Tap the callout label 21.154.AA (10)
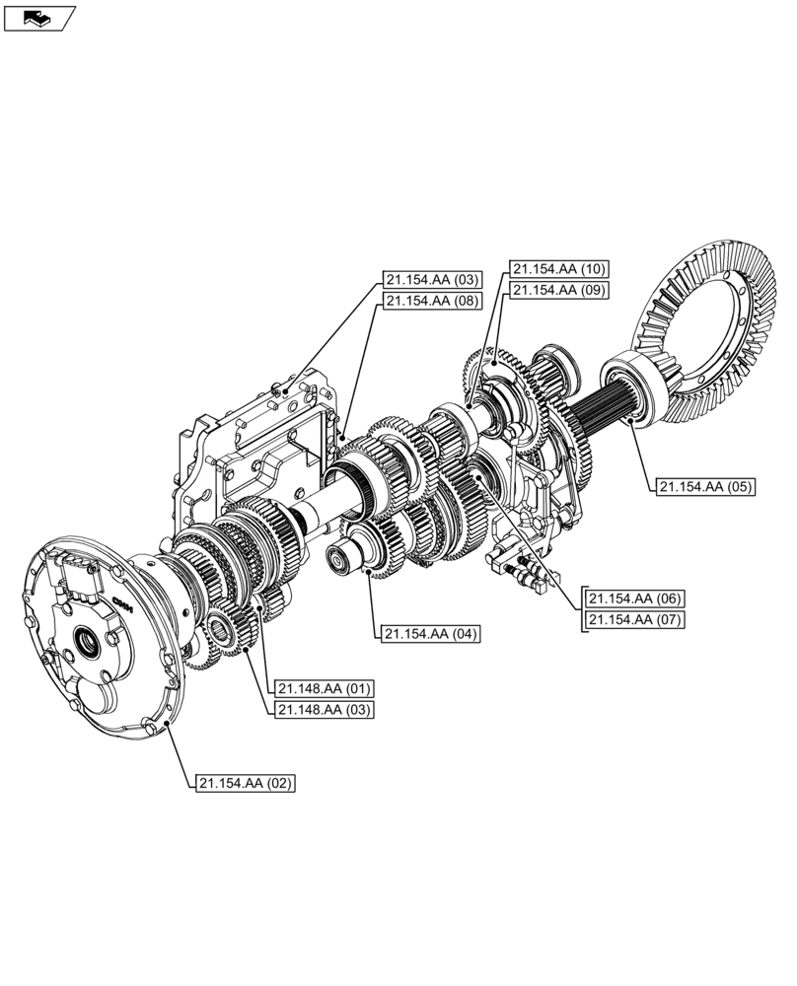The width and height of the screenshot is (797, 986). pyautogui.click(x=558, y=268)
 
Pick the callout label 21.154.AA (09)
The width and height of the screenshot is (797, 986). pyautogui.click(x=558, y=290)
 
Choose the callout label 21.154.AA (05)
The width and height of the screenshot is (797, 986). pyautogui.click(x=702, y=486)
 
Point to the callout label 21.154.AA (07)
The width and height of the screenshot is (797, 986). pyautogui.click(x=635, y=620)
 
